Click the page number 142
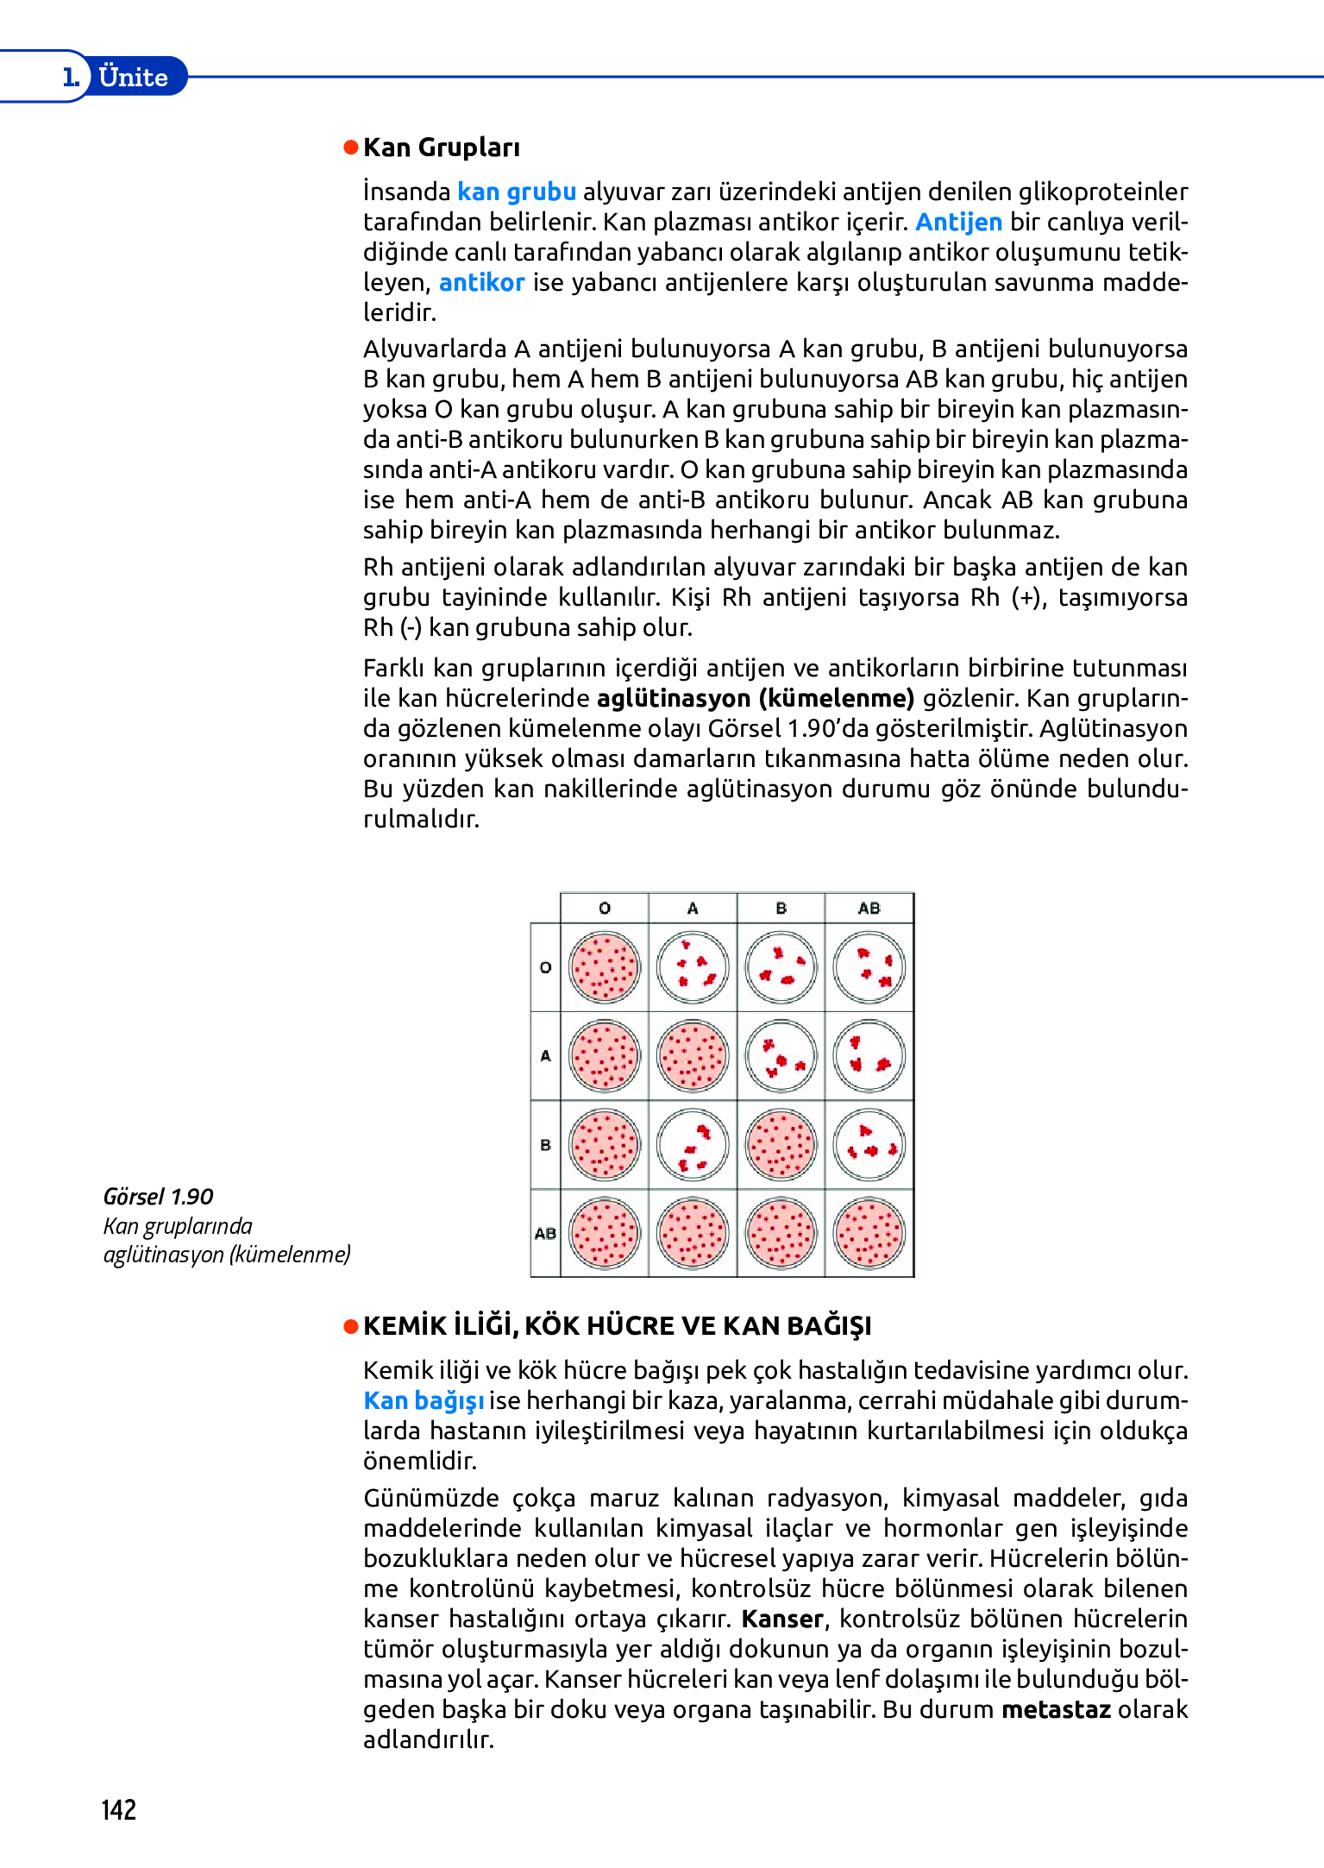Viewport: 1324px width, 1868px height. coord(119,1809)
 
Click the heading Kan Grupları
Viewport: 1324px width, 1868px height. coord(441,148)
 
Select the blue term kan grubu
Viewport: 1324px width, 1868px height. coord(516,192)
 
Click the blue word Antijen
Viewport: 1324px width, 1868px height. coord(958,222)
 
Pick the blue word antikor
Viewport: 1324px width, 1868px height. coord(481,282)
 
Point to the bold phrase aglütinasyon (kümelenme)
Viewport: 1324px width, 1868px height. coord(755,698)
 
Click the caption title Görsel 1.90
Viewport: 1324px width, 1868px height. coord(158,1197)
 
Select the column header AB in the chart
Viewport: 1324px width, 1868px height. coord(869,909)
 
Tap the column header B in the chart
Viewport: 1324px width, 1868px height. coord(781,909)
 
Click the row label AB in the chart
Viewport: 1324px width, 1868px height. coord(545,1234)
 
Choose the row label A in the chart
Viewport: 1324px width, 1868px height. coord(545,1056)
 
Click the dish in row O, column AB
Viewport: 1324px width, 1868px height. coord(869,967)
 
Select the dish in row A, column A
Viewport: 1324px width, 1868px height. coord(693,1056)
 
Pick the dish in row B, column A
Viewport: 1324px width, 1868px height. coord(693,1145)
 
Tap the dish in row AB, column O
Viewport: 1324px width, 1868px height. coord(605,1234)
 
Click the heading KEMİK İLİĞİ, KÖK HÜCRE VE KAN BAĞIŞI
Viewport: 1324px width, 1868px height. coord(617,1326)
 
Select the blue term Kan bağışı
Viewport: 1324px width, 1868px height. coord(423,1400)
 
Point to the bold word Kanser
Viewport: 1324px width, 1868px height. coord(782,1619)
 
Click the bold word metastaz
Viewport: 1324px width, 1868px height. coord(1055,1709)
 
